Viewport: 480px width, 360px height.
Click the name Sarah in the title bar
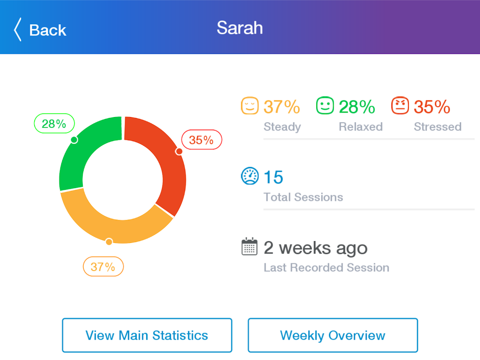click(x=239, y=28)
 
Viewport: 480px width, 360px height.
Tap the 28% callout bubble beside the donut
click(x=54, y=124)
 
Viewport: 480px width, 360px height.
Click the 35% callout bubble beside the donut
click(x=201, y=140)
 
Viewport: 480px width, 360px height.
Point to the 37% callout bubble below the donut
click(x=103, y=267)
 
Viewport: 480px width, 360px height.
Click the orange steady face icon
click(x=250, y=106)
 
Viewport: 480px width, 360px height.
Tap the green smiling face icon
click(x=325, y=106)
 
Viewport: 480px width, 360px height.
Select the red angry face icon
click(x=400, y=106)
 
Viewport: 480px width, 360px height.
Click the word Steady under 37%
click(x=282, y=127)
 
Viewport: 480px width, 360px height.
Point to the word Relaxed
click(x=360, y=127)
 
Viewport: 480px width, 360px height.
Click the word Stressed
click(x=437, y=127)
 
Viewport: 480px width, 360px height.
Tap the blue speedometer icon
click(x=250, y=176)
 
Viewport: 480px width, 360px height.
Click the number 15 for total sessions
click(x=273, y=177)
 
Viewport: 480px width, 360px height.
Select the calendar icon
click(x=250, y=247)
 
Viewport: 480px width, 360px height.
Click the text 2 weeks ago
click(x=315, y=248)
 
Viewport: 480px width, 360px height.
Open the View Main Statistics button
click(x=147, y=335)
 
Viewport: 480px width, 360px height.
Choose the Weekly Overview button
click(x=333, y=335)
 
